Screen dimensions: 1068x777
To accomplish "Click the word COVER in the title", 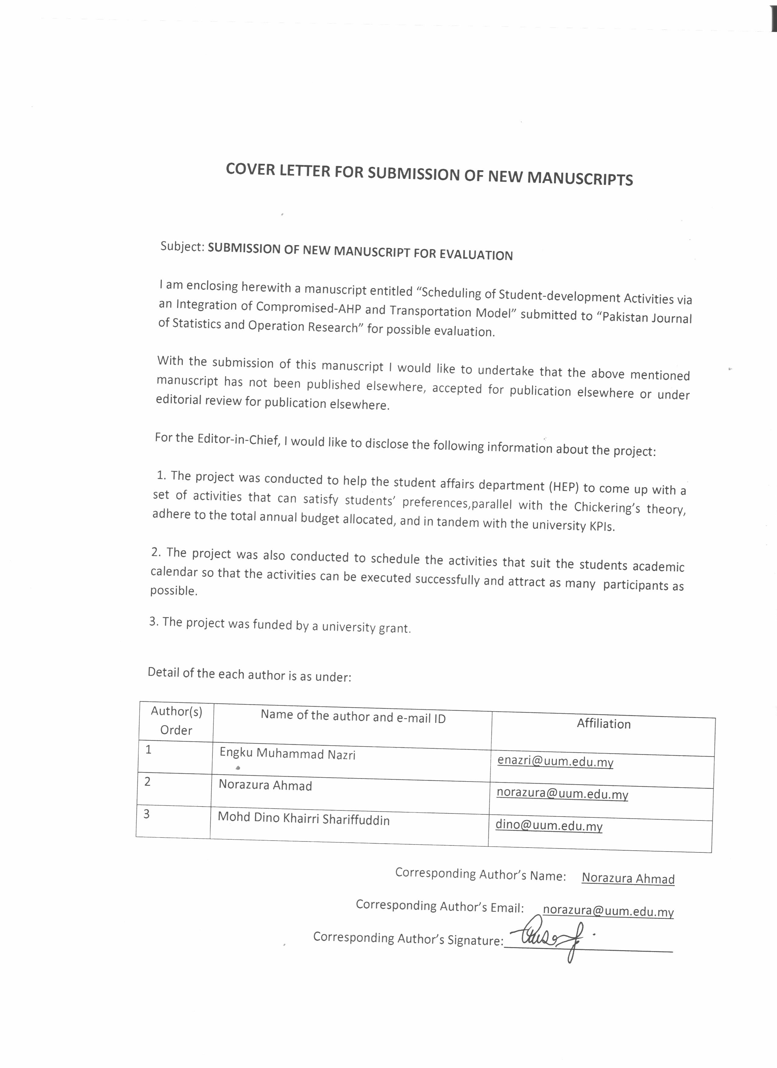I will pyautogui.click(x=250, y=170).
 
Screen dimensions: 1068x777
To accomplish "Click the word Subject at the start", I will pyautogui.click(x=181, y=246).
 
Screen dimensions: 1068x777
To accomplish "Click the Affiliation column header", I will pyautogui.click(x=604, y=724).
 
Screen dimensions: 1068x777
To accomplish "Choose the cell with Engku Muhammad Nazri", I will pyautogui.click(x=287, y=754).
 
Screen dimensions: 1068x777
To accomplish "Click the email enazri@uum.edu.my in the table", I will pyautogui.click(x=555, y=761).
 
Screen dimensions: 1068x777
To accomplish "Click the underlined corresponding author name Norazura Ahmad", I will pyautogui.click(x=628, y=879).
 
